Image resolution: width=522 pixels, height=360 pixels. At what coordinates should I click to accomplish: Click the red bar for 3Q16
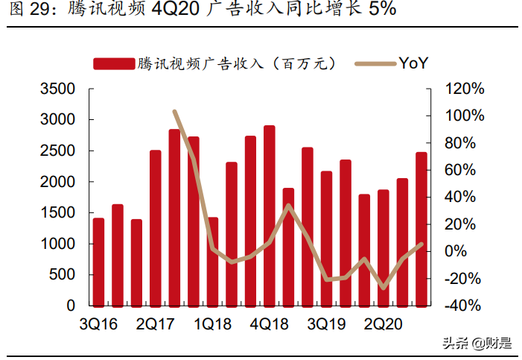98,262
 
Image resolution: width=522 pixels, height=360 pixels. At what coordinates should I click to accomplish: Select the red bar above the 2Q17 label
156,228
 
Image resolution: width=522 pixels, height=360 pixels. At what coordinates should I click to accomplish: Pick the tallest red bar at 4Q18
269,215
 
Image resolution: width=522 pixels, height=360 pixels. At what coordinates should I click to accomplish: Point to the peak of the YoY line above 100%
174,112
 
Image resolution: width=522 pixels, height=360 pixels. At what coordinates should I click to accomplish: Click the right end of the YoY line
421,244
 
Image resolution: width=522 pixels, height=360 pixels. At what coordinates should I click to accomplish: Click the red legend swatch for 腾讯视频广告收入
113,64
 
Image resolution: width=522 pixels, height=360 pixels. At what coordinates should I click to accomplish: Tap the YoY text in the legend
413,64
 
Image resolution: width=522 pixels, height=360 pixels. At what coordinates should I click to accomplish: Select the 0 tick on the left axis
71,306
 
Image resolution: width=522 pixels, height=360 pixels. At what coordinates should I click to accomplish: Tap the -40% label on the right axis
464,306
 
